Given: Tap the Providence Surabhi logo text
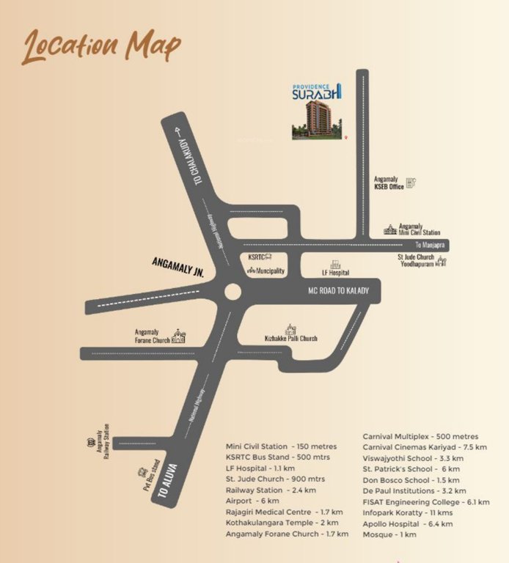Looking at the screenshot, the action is coord(316,92).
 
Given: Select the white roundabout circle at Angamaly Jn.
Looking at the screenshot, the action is coord(232,292).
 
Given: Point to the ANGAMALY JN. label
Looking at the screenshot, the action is coord(177,265).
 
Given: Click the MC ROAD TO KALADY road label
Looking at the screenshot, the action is coord(338,291).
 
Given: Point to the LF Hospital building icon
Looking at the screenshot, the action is coord(335,263).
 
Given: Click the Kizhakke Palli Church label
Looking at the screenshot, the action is coord(290,339).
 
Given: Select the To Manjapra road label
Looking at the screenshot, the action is coord(430,245).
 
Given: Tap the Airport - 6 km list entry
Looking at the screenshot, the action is coord(252,501).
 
